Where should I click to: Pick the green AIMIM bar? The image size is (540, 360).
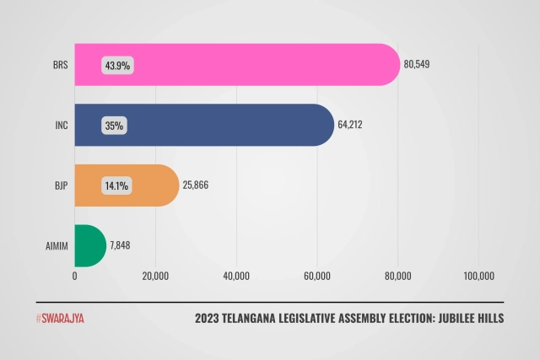coord(89,246)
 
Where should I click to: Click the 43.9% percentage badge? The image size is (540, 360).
coord(118,65)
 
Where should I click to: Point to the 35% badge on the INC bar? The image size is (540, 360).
coord(114,126)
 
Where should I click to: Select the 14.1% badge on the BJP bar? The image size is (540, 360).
coord(116,186)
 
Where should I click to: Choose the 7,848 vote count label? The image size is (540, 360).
coord(121,247)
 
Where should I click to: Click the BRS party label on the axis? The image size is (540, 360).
coord(61,65)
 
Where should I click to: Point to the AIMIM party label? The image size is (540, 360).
coord(57,247)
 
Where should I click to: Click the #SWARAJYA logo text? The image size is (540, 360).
coord(60,319)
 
